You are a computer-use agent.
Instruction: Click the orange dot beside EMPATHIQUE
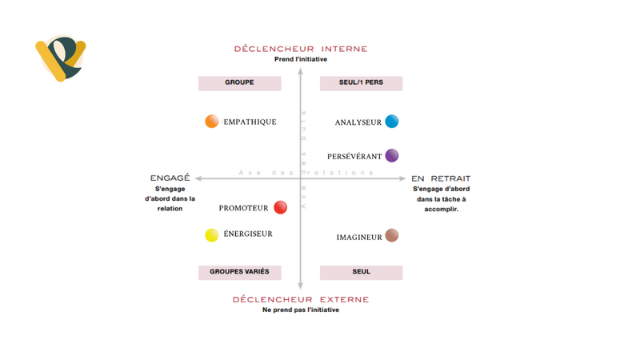[212, 122]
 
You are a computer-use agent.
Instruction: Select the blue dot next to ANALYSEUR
[391, 122]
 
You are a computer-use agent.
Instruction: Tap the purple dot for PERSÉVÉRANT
[391, 156]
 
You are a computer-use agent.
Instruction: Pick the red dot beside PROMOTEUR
[280, 208]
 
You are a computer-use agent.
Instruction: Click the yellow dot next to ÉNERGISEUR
[212, 235]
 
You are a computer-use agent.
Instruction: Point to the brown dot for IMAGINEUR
[391, 236]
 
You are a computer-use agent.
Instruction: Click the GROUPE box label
[239, 83]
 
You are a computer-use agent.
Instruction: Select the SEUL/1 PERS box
[361, 83]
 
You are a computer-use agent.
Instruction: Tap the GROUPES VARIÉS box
[239, 272]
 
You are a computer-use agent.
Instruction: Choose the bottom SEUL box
[361, 272]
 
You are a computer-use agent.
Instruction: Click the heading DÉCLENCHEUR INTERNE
[300, 49]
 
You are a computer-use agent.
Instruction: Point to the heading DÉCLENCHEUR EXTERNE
[300, 299]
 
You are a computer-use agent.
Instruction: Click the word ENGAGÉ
[170, 178]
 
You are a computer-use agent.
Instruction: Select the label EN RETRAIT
[441, 178]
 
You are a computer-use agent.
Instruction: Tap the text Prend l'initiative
[300, 60]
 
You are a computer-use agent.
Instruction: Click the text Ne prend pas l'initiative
[300, 310]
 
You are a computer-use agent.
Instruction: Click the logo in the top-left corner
[59, 58]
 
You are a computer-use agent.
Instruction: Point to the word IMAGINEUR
[358, 237]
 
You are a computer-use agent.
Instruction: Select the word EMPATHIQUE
[250, 122]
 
